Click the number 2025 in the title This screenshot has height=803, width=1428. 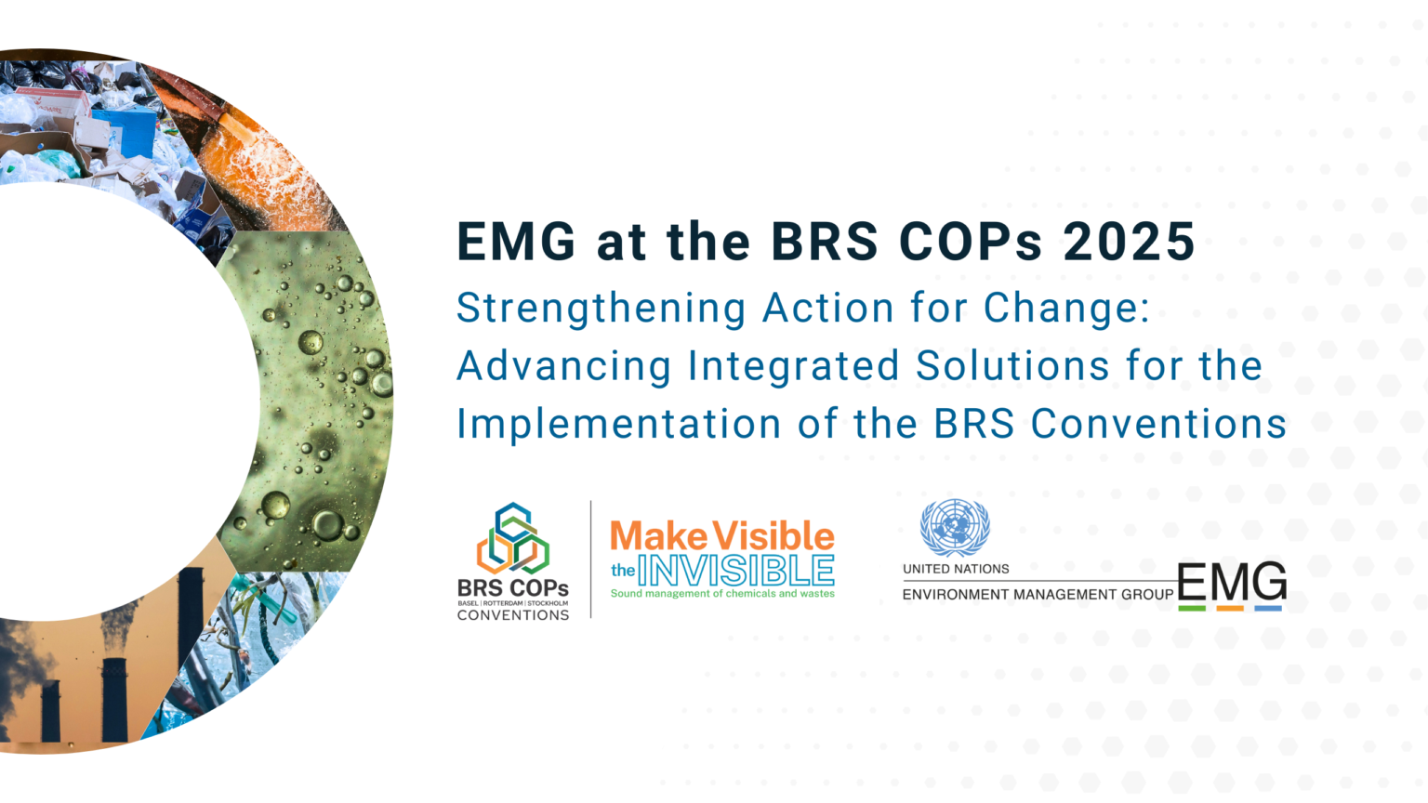coord(1129,243)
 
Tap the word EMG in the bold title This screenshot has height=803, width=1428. coord(516,243)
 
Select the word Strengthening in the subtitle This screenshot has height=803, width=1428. coord(601,309)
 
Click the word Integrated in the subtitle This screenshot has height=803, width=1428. coord(793,366)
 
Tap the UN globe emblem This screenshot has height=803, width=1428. coord(955,528)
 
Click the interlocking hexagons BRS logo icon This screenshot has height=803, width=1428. coord(512,539)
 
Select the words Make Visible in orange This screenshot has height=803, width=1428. coord(722,536)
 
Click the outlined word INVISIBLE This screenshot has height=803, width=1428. coord(735,570)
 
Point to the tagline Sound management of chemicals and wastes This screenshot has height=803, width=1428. coord(722,594)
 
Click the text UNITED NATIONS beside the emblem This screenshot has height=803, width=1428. coord(956,569)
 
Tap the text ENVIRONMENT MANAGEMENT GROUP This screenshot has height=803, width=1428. coord(1038,595)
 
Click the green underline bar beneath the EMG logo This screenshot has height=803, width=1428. coord(1192,609)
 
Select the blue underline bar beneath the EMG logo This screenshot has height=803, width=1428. coord(1268,609)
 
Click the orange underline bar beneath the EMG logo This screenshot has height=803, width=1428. coord(1230,609)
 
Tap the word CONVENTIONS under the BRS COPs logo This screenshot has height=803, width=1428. coord(513,615)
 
